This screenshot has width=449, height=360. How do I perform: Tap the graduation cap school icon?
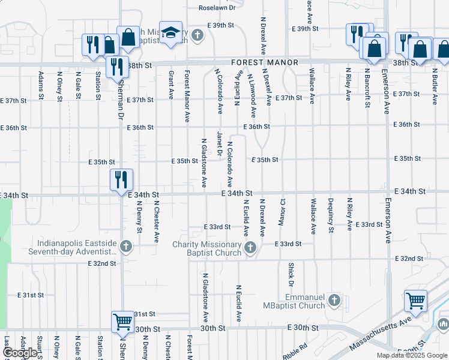click(170, 33)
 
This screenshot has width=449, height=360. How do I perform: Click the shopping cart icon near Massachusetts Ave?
click(415, 301)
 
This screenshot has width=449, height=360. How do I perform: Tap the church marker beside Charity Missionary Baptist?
click(252, 247)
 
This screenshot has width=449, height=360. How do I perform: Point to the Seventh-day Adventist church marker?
click(126, 245)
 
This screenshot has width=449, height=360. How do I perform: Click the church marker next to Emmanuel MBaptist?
click(335, 300)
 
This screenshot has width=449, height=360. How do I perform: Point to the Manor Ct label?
click(282, 213)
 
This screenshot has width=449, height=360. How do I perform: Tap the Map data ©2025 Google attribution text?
click(412, 355)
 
